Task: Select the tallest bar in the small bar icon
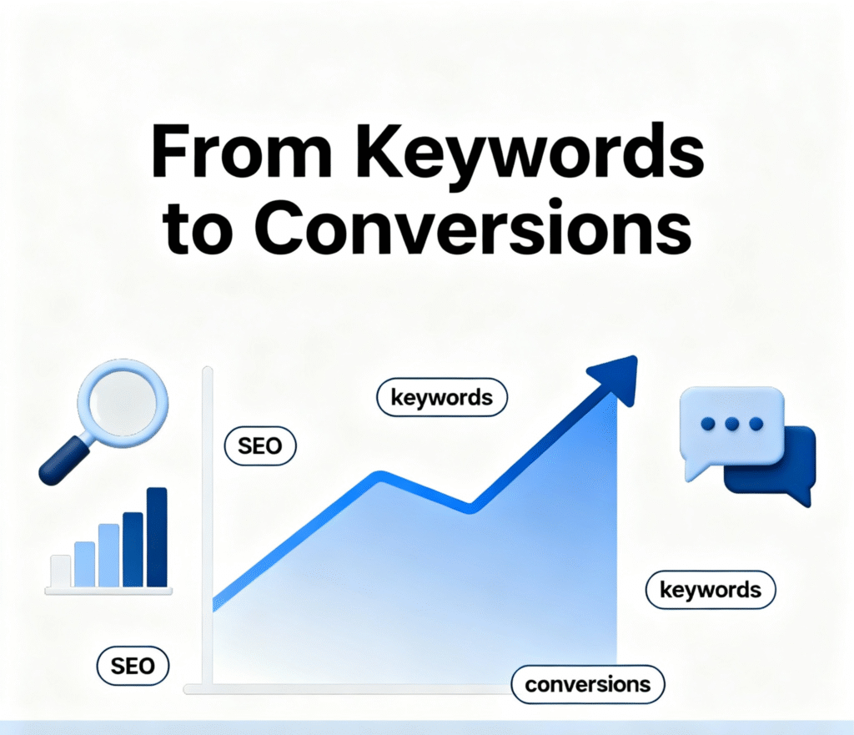pyautogui.click(x=156, y=536)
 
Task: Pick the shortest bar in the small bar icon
pyautogui.click(x=60, y=571)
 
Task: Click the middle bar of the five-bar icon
pyautogui.click(x=109, y=555)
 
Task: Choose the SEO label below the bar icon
pyautogui.click(x=133, y=666)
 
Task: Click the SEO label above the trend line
pyautogui.click(x=260, y=447)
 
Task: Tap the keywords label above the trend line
pyautogui.click(x=441, y=397)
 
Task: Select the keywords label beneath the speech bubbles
pyautogui.click(x=710, y=591)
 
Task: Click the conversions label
pyautogui.click(x=587, y=685)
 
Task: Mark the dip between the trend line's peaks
pyautogui.click(x=471, y=506)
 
